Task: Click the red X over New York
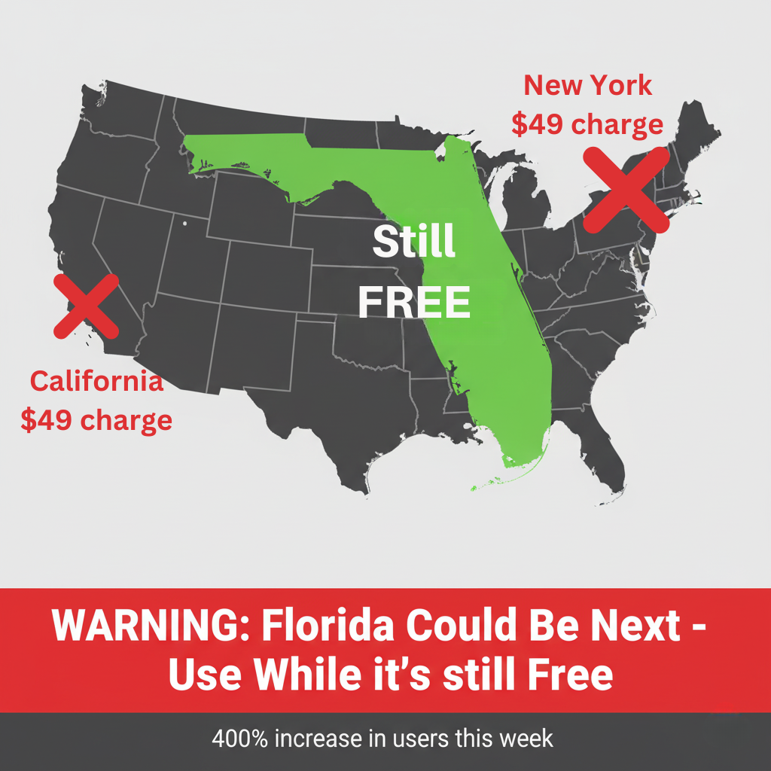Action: point(626,189)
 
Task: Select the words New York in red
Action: point(588,85)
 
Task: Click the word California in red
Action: point(96,381)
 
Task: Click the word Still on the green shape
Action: point(413,242)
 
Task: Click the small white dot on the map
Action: point(184,223)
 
